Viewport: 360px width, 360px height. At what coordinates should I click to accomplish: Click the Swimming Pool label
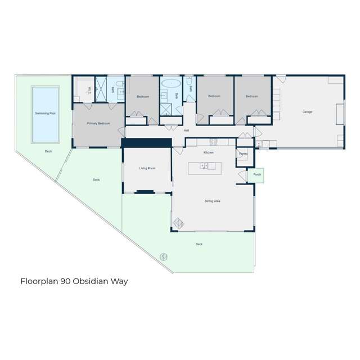click(x=45, y=113)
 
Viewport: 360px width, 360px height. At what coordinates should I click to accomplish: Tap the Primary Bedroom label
click(x=98, y=123)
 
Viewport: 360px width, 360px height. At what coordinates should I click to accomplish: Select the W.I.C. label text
click(x=89, y=88)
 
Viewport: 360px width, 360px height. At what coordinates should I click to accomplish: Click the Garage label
click(x=307, y=112)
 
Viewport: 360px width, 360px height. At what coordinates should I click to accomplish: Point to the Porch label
click(x=257, y=175)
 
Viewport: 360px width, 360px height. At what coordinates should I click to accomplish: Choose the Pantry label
click(x=243, y=154)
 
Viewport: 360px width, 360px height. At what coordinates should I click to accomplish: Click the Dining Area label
click(x=212, y=201)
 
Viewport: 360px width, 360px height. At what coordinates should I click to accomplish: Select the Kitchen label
click(x=209, y=152)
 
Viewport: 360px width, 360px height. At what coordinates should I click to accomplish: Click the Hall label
click(x=186, y=130)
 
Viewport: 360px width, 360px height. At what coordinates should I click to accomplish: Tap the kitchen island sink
click(x=205, y=166)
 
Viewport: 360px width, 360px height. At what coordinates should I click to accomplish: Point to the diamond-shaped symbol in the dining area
click(x=178, y=224)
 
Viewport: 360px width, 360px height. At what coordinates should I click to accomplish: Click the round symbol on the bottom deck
click(x=164, y=256)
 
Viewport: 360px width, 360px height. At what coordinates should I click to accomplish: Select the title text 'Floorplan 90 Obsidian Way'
click(x=75, y=280)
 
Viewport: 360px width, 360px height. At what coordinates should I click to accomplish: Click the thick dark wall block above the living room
click(x=146, y=143)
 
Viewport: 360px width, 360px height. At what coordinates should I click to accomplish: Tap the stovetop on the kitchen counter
click(x=214, y=141)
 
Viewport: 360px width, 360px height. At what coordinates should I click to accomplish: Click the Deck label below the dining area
click(x=199, y=244)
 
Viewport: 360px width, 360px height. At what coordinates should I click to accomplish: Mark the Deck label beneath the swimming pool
click(x=48, y=151)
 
